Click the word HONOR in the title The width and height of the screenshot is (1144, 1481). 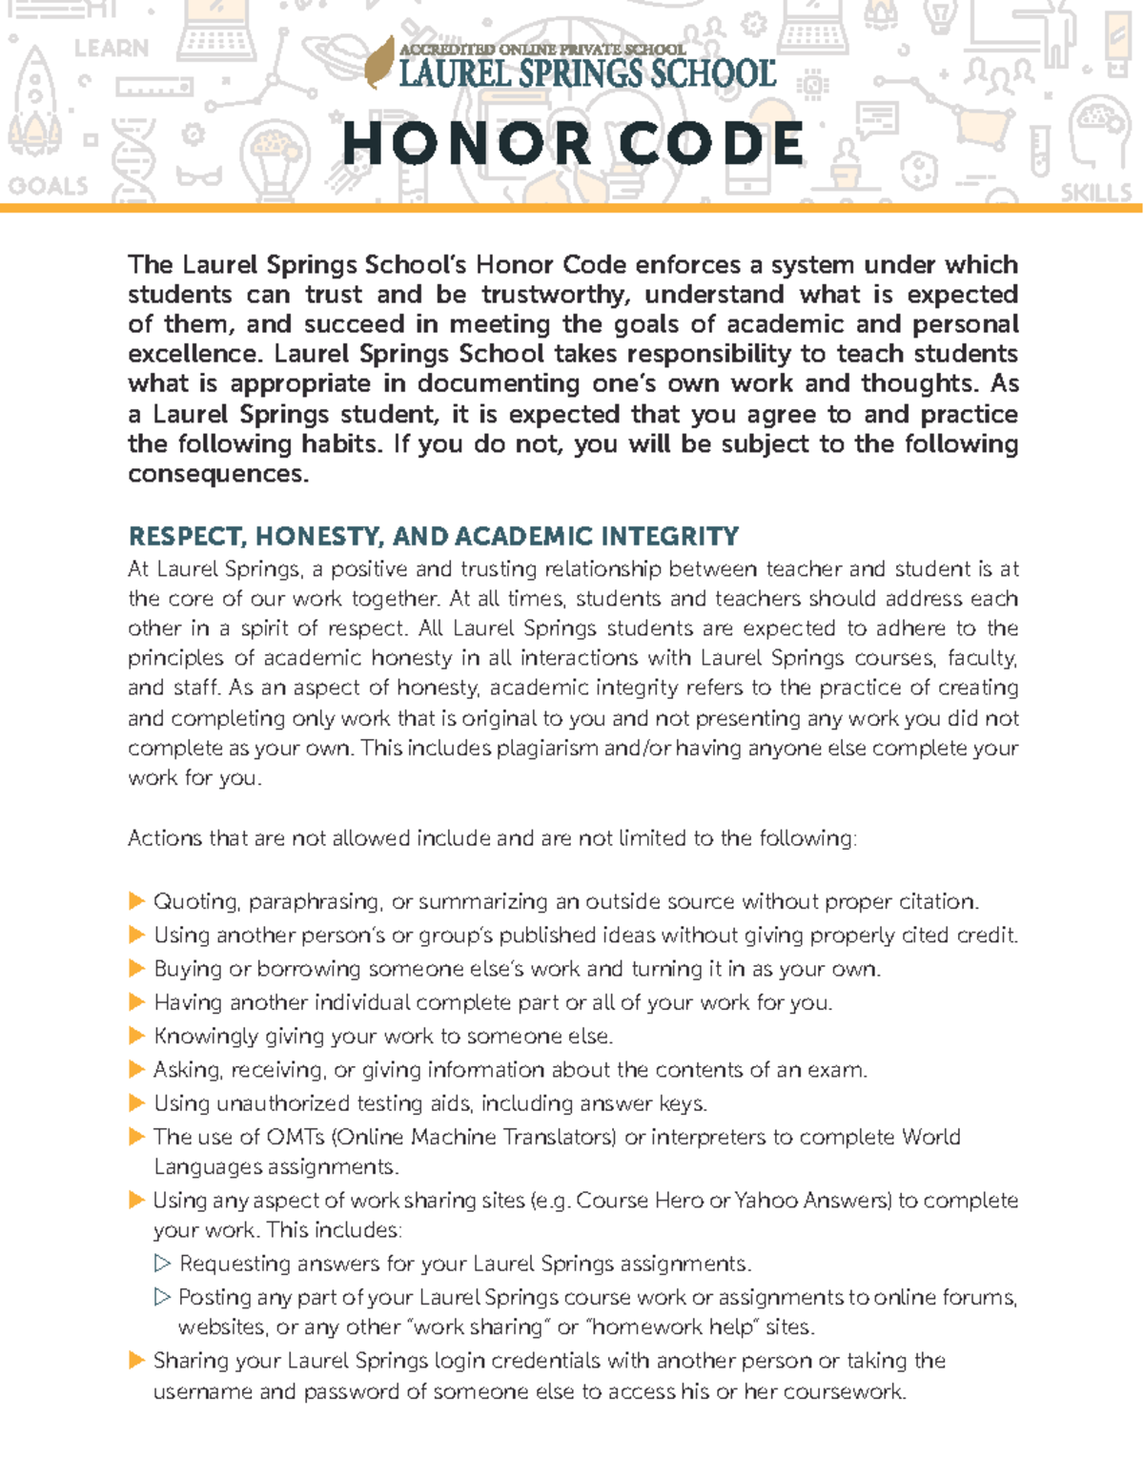point(467,145)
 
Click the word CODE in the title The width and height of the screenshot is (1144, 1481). point(711,145)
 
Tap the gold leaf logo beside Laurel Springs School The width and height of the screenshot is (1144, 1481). point(380,62)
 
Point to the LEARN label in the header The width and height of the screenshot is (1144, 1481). point(112,49)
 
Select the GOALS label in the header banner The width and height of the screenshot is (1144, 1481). point(48,186)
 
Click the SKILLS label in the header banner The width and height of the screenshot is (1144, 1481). point(1096,194)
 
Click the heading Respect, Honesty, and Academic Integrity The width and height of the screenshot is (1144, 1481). point(434,536)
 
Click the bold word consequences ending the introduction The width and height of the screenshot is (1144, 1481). point(217,474)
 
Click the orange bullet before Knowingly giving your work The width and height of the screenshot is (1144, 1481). point(136,1036)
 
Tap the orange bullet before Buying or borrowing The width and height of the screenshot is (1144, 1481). point(136,969)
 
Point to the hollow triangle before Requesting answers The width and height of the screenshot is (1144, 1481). point(162,1264)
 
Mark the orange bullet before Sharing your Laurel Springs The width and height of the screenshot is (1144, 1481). point(136,1361)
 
